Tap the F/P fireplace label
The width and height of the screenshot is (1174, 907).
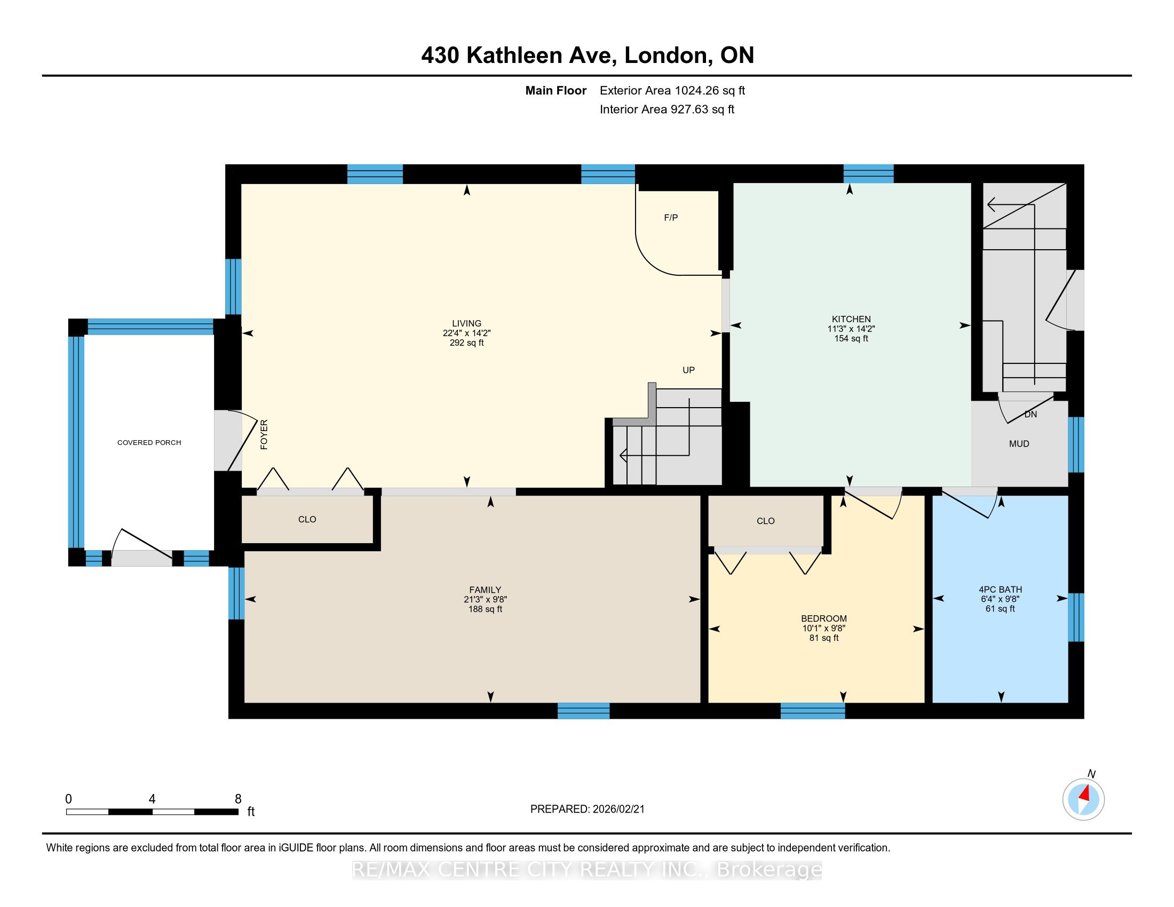(671, 218)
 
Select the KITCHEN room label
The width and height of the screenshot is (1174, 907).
(851, 319)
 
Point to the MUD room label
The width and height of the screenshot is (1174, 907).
(1019, 444)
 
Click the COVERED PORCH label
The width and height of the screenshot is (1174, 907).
(149, 443)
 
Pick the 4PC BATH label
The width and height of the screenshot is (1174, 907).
(1001, 590)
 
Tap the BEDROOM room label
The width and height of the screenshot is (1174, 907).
(823, 618)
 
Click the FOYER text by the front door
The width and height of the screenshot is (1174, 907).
(264, 435)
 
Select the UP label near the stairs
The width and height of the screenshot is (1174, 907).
(688, 370)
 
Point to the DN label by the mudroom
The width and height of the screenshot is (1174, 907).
(1030, 414)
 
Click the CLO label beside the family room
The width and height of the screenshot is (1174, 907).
(307, 520)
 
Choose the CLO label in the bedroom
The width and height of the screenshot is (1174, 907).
(765, 521)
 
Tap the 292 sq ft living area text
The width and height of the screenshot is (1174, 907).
(466, 343)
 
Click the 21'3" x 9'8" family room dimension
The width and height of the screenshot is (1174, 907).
(485, 600)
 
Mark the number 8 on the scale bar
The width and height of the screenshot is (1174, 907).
(238, 799)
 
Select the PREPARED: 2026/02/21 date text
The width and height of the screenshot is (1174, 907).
(587, 809)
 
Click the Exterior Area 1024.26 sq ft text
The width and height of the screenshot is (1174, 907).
(672, 91)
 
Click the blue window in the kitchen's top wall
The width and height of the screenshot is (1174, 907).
(868, 174)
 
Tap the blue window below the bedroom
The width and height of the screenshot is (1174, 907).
(812, 711)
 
